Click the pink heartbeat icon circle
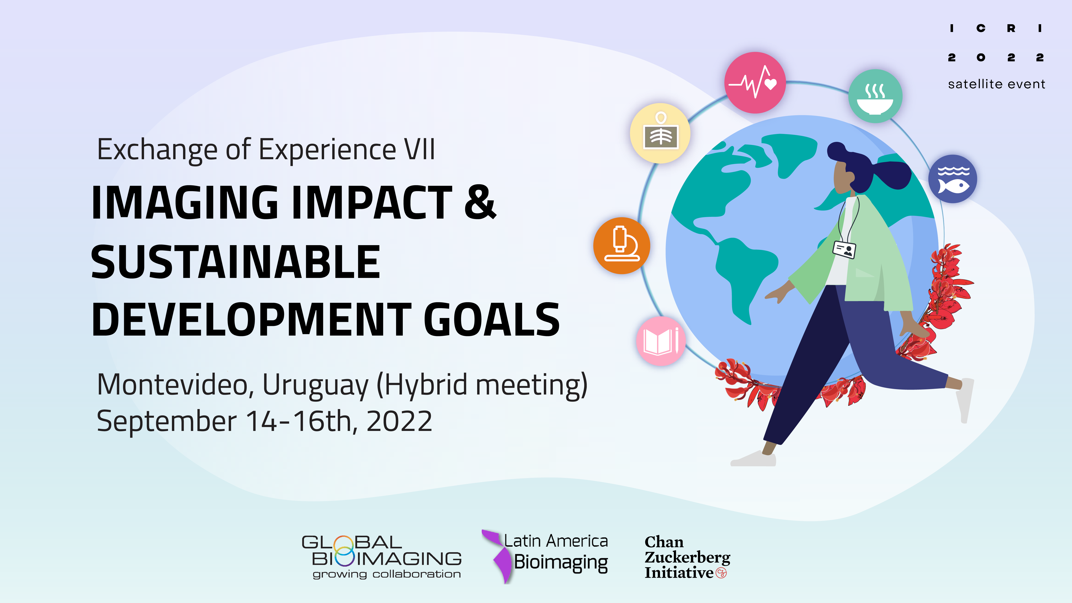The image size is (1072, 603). tap(755, 82)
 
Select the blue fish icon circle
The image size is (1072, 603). tap(953, 179)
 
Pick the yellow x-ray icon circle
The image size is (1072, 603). tap(660, 133)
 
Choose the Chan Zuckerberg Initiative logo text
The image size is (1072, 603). tap(687, 557)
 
